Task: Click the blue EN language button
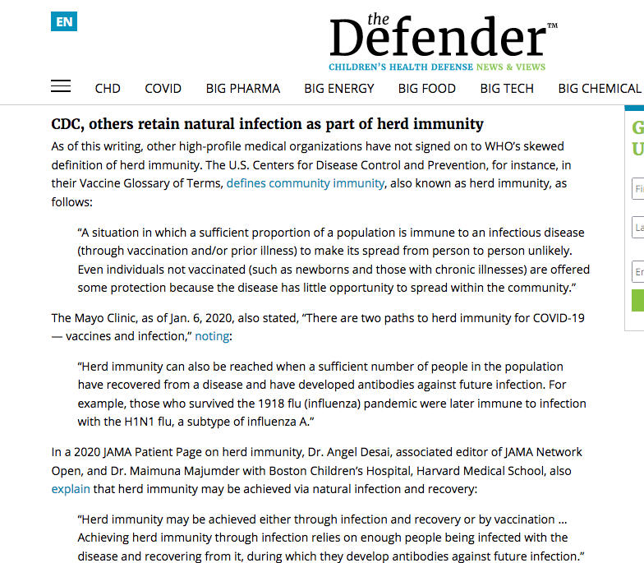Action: [63, 21]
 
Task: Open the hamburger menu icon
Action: [61, 86]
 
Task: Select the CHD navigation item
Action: [108, 89]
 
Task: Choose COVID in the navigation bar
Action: [163, 89]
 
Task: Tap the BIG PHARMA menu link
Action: [242, 89]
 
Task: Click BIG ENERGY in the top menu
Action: [338, 89]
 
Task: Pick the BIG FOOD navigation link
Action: [426, 89]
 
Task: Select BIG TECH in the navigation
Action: [507, 89]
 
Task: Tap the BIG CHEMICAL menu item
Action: [599, 89]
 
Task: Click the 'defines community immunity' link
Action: [305, 183]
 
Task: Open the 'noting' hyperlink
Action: [212, 336]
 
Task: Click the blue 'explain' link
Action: [71, 489]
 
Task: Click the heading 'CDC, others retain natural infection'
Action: [268, 124]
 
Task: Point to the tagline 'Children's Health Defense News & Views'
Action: [437, 67]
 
